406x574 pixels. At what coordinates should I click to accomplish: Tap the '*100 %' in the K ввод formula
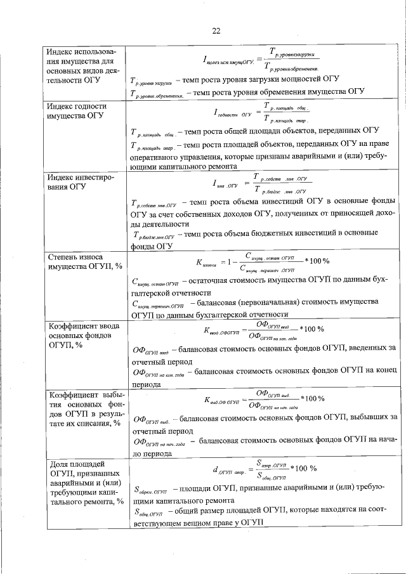click(312, 330)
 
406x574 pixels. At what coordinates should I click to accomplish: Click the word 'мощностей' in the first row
click(296, 80)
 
